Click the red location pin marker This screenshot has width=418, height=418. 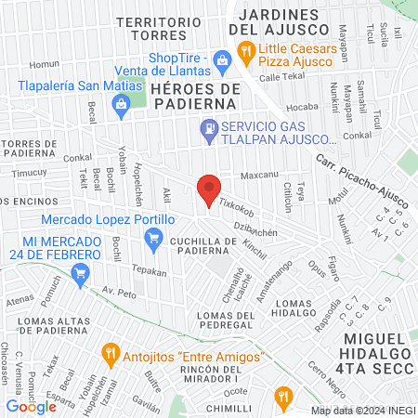pos(209,189)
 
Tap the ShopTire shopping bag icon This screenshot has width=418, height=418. pos(222,61)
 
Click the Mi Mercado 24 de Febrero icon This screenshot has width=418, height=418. pos(81,273)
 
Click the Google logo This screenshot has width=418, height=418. pos(31,406)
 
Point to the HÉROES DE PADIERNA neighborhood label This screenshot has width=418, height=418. pos(195,96)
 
